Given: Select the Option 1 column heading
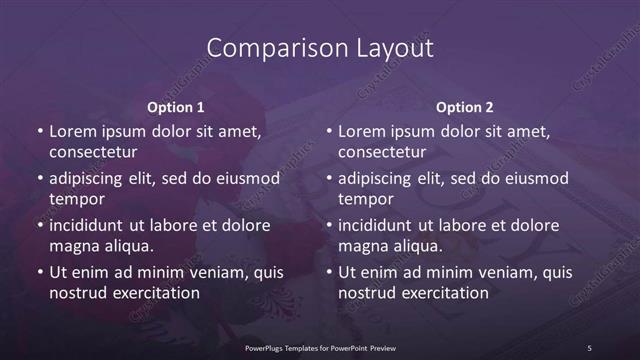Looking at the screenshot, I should (x=176, y=107).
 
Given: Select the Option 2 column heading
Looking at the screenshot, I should (x=465, y=107).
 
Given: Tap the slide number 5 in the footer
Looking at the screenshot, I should (x=589, y=347).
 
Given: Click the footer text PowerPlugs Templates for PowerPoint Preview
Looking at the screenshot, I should (x=320, y=347).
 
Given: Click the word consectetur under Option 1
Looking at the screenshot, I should (x=93, y=152).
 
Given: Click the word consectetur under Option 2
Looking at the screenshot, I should (x=382, y=152).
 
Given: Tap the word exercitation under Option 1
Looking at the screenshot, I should (x=154, y=293).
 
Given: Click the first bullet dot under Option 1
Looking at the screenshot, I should (x=39, y=132).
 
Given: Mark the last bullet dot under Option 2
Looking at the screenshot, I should (x=328, y=272).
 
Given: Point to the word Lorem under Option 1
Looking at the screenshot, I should (x=71, y=131).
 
